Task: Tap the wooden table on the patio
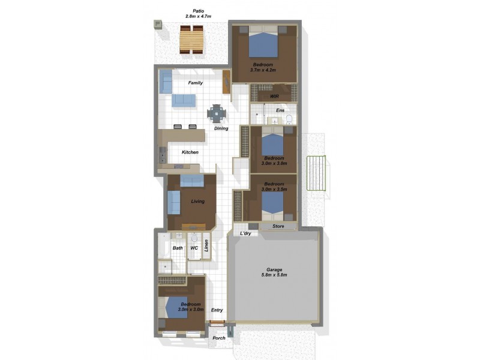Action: tap(192, 40)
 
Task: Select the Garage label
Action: tap(274, 269)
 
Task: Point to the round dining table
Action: tap(217, 113)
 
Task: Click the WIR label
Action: tap(274, 96)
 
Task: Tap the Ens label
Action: tap(280, 110)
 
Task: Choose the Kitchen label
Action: tap(190, 152)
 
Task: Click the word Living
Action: tap(197, 202)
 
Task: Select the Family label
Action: tap(195, 83)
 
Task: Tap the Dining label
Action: tap(221, 128)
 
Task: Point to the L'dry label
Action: tap(245, 233)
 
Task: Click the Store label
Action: tap(278, 226)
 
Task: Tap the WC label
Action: tap(194, 248)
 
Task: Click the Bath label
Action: tap(178, 248)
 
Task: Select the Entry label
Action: tap(217, 310)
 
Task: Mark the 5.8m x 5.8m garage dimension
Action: tap(274, 275)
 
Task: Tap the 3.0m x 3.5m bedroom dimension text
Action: tap(273, 189)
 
